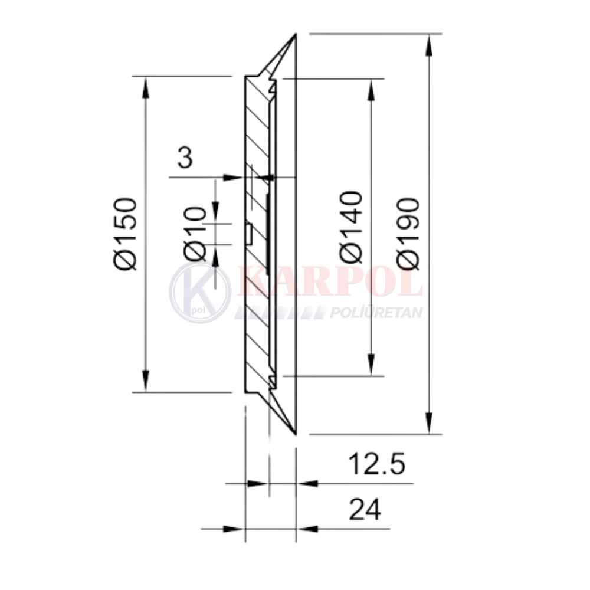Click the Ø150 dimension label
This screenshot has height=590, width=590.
[125, 234]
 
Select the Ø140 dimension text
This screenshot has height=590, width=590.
[351, 227]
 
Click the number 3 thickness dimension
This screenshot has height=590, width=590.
[185, 158]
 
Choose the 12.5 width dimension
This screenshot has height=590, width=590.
[377, 464]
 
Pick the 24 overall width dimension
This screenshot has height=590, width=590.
[365, 510]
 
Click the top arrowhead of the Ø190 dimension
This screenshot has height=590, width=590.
[428, 45]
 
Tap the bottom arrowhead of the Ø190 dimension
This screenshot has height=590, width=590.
[428, 423]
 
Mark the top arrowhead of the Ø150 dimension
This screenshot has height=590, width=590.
[146, 87]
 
